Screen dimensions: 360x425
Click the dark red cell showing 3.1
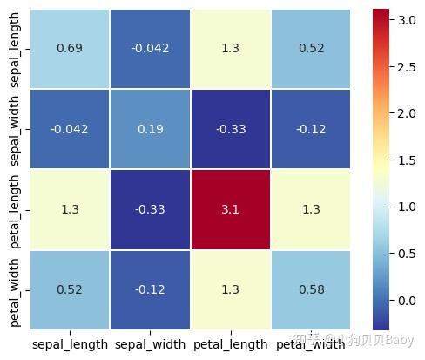(x=230, y=210)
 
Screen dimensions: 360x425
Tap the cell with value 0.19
(x=149, y=129)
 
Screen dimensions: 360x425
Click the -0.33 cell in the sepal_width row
(x=230, y=129)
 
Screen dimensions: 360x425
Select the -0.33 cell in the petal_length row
(x=149, y=210)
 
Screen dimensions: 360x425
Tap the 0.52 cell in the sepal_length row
(x=311, y=48)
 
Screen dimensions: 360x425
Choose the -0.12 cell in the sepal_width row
(x=311, y=129)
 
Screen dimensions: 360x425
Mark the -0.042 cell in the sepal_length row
(x=149, y=48)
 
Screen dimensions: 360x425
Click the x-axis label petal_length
(x=230, y=345)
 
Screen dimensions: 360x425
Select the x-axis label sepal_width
(x=149, y=345)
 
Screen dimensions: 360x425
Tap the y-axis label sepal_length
(x=17, y=49)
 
